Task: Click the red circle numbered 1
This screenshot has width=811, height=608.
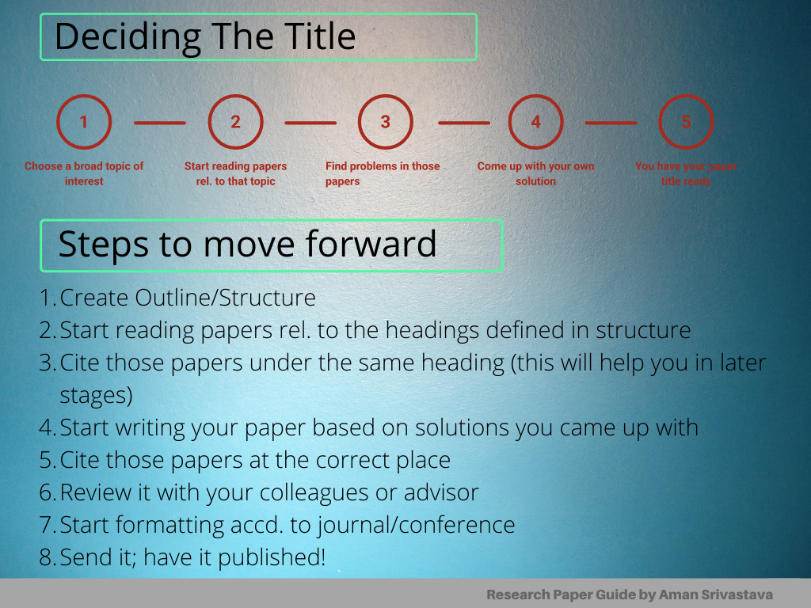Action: [84, 122]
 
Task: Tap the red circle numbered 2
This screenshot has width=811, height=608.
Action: [235, 122]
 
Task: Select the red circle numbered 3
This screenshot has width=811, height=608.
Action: [385, 122]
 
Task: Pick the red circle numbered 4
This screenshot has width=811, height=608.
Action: [536, 122]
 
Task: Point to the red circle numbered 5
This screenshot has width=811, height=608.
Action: [686, 122]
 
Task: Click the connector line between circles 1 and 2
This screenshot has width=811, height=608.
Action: [159, 123]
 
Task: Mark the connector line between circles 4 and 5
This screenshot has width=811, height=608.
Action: [611, 123]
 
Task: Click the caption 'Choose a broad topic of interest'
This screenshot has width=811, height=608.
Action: [84, 173]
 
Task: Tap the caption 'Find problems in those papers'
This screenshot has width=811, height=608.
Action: [383, 173]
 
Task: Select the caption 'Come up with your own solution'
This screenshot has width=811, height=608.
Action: [535, 173]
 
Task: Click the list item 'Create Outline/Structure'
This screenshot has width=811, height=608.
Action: [188, 298]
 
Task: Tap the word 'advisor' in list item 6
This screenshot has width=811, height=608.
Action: [441, 492]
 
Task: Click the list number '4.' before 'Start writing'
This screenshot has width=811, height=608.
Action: [48, 427]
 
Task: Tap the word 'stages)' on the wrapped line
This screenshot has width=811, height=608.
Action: [96, 394]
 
